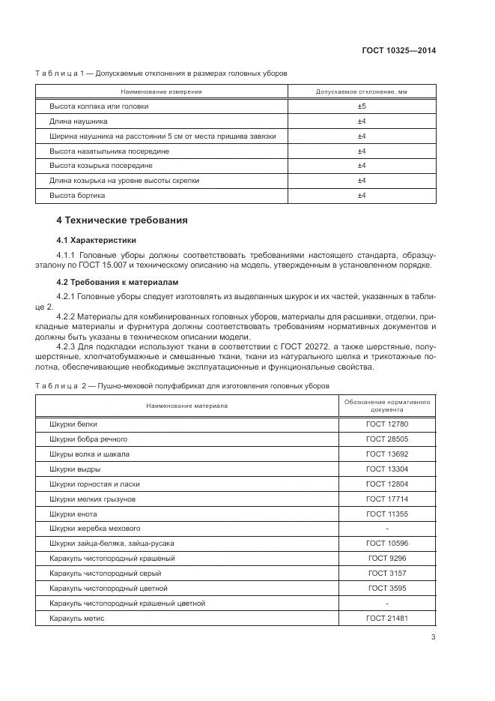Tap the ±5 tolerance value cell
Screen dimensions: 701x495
pyautogui.click(x=361, y=106)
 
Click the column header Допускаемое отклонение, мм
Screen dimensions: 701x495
pyautogui.click(x=361, y=91)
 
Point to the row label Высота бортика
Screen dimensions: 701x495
pyautogui.click(x=77, y=196)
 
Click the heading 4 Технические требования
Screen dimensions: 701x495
pyautogui.click(x=122, y=220)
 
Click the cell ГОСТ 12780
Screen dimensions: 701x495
pyautogui.click(x=386, y=424)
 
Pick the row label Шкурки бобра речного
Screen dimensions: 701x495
pyautogui.click(x=88, y=439)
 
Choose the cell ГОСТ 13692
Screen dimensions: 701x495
pyautogui.click(x=386, y=454)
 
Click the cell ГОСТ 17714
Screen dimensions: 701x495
pyautogui.click(x=386, y=499)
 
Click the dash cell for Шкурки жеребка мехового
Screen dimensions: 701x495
pyautogui.click(x=386, y=529)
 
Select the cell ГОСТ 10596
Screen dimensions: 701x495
pyautogui.click(x=386, y=544)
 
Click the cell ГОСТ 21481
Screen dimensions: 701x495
pyautogui.click(x=386, y=618)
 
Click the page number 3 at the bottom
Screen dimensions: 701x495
pyautogui.click(x=433, y=638)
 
